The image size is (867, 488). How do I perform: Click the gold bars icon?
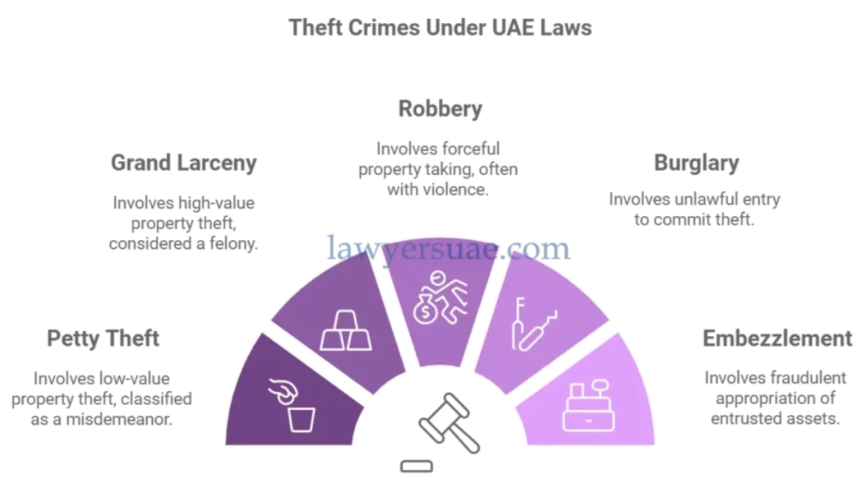point(341,332)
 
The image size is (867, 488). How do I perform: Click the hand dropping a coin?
point(282,391)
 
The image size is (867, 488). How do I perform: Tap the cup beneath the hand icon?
point(302,419)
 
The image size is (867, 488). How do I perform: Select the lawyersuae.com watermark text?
point(449,248)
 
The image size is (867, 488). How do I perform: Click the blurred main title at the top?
point(440,29)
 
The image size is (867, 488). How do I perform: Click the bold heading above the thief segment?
point(439,111)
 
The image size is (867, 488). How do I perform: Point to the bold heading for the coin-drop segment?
point(103,336)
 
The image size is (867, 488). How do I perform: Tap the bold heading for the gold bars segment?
point(184,164)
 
